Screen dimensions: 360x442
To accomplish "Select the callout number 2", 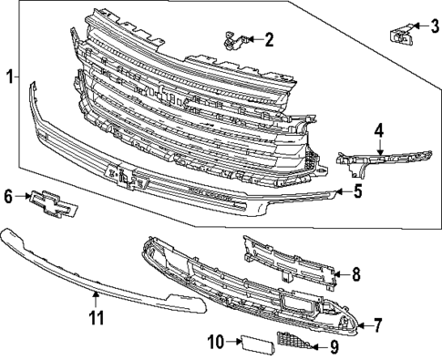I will click(270, 39).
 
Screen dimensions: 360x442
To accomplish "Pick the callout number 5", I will click(357, 191).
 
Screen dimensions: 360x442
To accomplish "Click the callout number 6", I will click(9, 195).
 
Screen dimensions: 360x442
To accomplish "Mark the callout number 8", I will click(355, 273).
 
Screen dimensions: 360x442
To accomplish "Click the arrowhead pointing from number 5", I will click(338, 191).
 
